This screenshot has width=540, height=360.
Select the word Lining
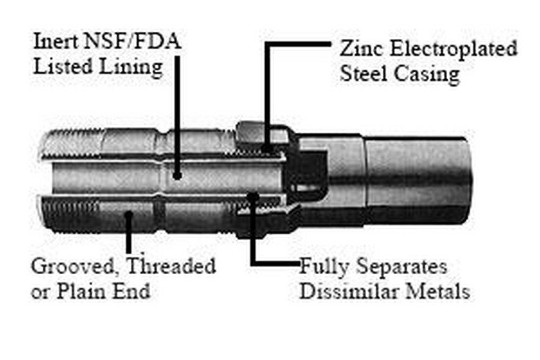click(134, 67)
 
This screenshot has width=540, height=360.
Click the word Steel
click(362, 74)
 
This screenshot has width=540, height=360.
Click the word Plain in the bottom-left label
click(82, 291)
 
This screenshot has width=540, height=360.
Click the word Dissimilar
click(345, 292)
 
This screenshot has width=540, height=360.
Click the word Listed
click(70, 67)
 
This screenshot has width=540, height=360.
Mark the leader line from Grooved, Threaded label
click(129, 237)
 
